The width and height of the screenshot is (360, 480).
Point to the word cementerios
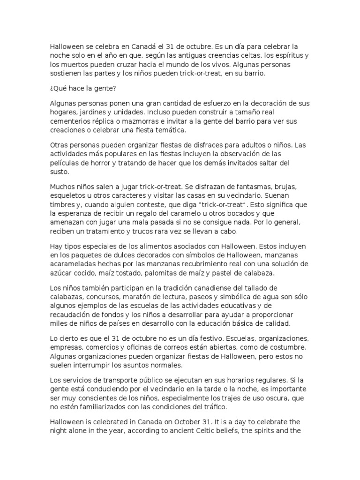coord(70,121)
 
